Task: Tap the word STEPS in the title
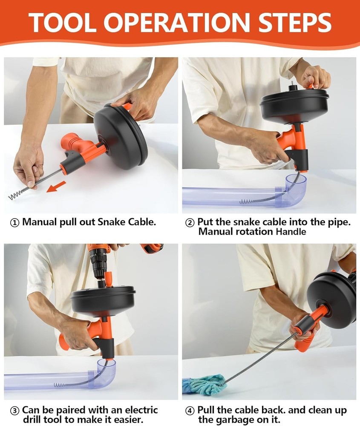tap(295, 23)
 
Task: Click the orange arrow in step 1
tap(56, 187)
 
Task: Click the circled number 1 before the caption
tap(14, 223)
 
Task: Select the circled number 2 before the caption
tap(190, 223)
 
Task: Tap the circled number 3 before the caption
tap(14, 411)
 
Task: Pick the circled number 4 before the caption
tap(190, 411)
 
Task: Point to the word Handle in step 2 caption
tap(291, 232)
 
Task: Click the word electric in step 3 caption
tap(141, 410)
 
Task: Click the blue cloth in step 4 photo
tap(205, 384)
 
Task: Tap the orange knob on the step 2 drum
tap(310, 86)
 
